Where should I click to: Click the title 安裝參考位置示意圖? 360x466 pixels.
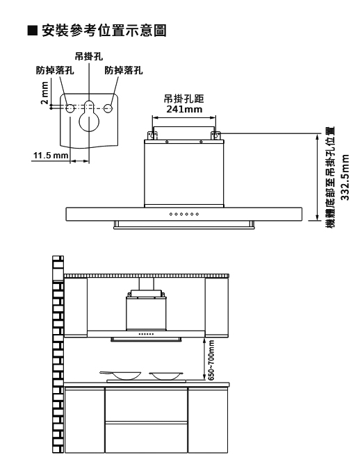point(104,31)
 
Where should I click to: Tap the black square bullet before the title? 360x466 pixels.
point(33,31)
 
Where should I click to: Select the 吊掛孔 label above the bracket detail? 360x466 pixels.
point(89,56)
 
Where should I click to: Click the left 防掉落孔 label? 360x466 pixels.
point(55,70)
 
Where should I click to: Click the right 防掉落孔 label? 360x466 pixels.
point(124,70)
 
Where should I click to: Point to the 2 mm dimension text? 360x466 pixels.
point(44,92)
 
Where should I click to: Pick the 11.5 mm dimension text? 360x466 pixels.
point(51,156)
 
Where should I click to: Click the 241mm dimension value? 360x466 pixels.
point(184,109)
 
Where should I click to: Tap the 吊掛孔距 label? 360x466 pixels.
point(184,99)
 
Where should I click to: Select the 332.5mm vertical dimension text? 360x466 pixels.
point(345,177)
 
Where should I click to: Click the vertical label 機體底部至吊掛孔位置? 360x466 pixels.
point(330,177)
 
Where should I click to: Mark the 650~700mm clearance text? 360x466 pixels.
point(211,360)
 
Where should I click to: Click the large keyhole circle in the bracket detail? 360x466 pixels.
point(89,122)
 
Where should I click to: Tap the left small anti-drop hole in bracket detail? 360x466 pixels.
point(70,108)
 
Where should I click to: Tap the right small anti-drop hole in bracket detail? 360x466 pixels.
point(108,108)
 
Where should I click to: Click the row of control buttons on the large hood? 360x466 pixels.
point(184,214)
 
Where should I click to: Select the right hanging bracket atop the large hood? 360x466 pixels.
point(215,135)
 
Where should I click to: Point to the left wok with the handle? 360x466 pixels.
point(120,375)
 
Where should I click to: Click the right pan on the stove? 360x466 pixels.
point(166,376)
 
